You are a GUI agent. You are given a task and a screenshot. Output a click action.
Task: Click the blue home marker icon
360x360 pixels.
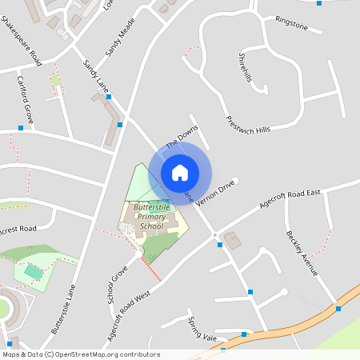[x=179, y=172]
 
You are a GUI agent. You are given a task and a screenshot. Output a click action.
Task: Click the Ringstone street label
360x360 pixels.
[x=291, y=23]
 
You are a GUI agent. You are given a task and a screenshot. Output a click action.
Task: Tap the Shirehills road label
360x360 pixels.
[x=245, y=67]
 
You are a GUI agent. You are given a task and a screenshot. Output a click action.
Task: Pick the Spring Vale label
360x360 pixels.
[x=202, y=329]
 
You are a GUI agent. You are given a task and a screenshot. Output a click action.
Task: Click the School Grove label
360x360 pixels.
[x=118, y=285]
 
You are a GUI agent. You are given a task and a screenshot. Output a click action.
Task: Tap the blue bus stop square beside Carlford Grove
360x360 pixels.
[x=21, y=127]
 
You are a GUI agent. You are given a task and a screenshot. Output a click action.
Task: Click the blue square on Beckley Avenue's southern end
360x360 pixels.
[x=338, y=308]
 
